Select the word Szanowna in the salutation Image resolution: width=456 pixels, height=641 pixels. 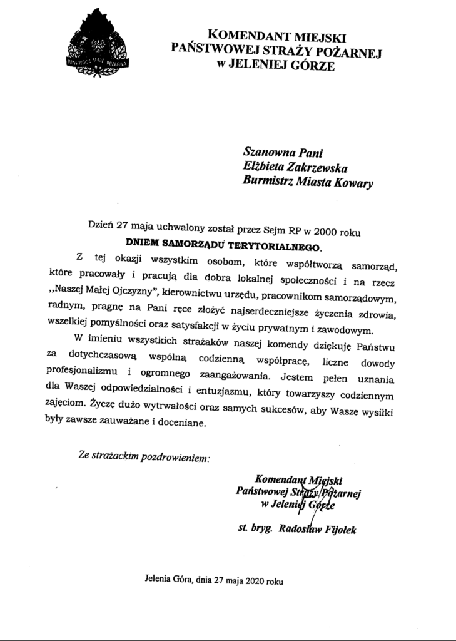pyautogui.click(x=266, y=152)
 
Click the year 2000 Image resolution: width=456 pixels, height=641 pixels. pyautogui.click(x=337, y=228)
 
